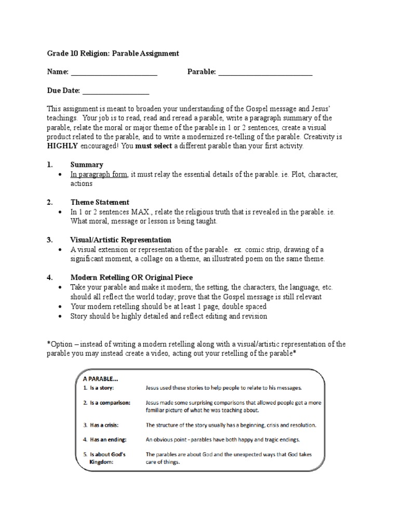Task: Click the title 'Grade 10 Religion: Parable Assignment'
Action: click(113, 53)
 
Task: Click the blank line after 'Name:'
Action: click(114, 73)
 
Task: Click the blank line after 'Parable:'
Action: click(265, 73)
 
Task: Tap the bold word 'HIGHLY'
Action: click(62, 146)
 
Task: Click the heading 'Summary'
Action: click(87, 165)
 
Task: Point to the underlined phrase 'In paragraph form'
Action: click(99, 174)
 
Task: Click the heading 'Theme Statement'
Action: click(100, 202)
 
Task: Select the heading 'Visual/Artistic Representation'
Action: click(121, 240)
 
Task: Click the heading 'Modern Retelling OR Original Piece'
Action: click(131, 277)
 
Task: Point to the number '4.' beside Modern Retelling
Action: click(50, 277)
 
